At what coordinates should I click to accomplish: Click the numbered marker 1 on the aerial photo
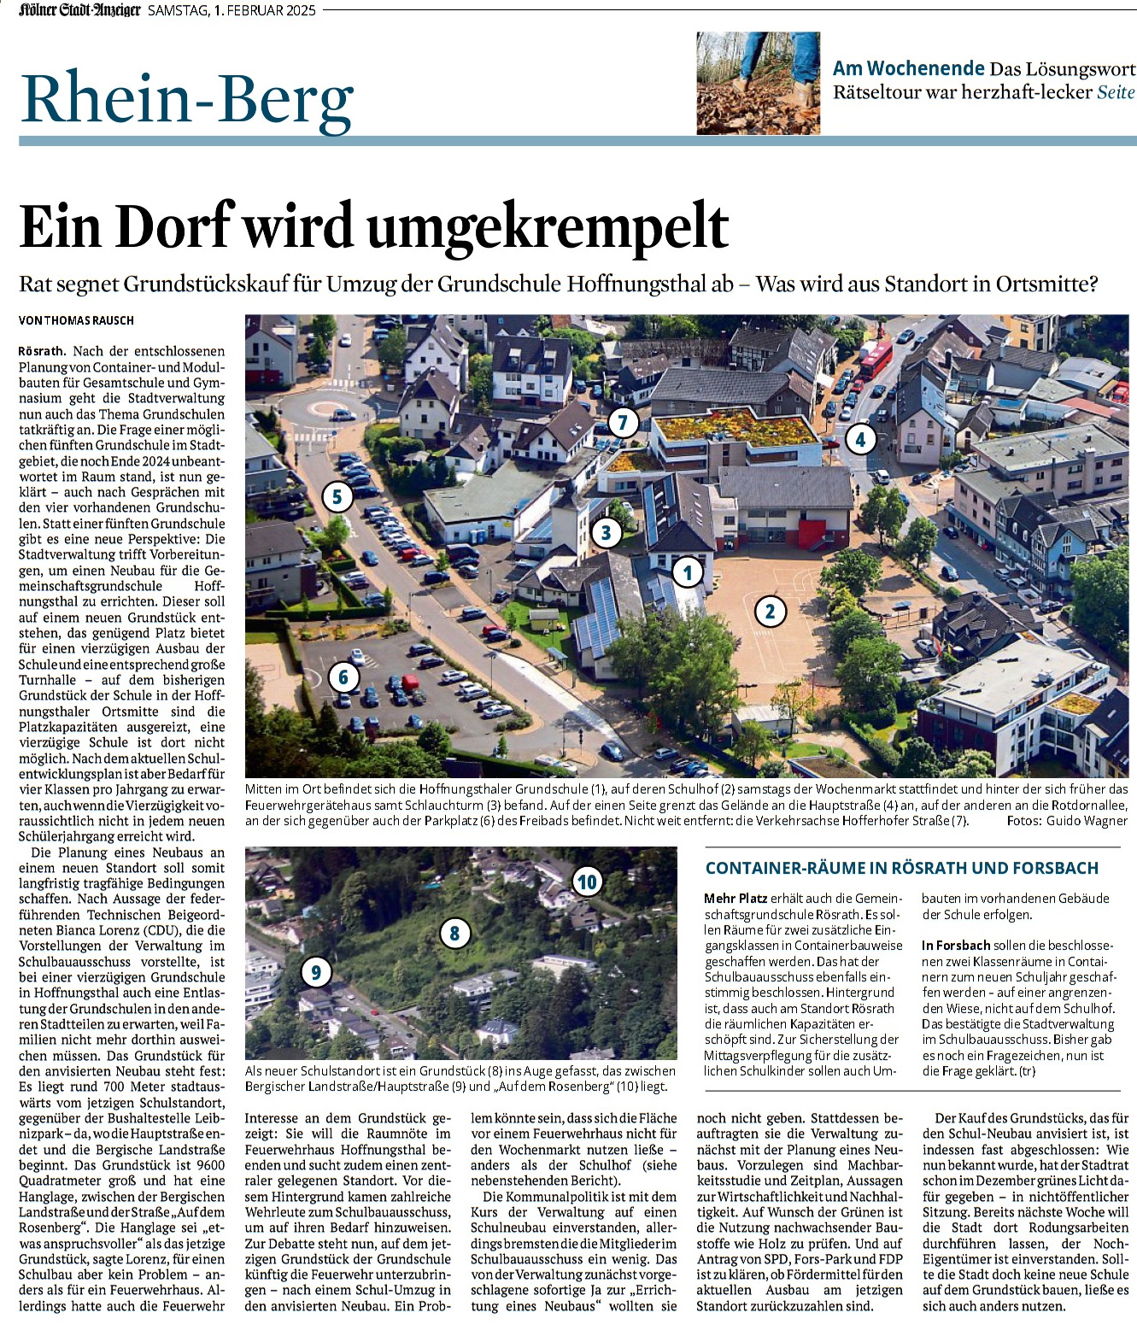tap(688, 572)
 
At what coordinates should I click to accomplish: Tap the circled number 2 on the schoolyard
tap(770, 611)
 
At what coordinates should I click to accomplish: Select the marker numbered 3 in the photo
tap(607, 532)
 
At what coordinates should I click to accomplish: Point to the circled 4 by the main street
tap(860, 439)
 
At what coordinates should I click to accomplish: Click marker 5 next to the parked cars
tap(337, 496)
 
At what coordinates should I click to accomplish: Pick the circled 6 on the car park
tap(343, 677)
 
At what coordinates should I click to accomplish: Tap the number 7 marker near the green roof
tap(623, 421)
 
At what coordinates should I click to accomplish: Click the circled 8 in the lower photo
tap(454, 934)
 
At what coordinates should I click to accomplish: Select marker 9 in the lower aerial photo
tap(316, 971)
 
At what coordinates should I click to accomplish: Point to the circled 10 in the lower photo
tap(587, 882)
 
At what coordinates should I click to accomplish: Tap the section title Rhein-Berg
tap(187, 98)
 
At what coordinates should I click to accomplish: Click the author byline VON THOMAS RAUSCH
tap(77, 320)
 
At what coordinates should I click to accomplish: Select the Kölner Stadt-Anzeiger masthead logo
tap(79, 10)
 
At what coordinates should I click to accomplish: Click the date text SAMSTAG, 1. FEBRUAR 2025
tap(232, 11)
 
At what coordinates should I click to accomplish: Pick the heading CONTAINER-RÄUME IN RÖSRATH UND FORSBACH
tap(901, 868)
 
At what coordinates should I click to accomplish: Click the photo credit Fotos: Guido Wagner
tap(1067, 821)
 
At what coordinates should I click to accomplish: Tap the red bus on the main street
tap(875, 358)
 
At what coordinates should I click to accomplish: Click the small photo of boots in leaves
tap(758, 83)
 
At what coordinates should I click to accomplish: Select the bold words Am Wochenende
tap(909, 68)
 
